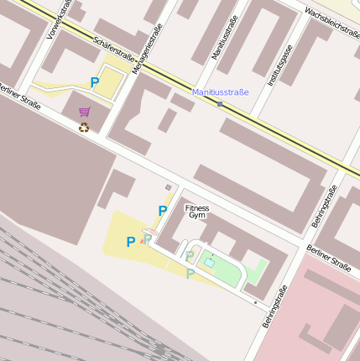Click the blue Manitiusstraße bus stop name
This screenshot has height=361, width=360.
click(221, 92)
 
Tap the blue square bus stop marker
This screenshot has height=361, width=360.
click(220, 104)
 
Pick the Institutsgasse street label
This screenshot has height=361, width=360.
click(279, 66)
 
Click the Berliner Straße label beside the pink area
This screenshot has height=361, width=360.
click(328, 258)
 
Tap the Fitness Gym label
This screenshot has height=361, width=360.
click(197, 212)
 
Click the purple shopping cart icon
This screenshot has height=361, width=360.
click(84, 112)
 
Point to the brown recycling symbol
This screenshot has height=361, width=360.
click(84, 128)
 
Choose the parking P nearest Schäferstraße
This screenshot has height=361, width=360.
click(95, 82)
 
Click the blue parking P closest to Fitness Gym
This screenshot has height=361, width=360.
click(162, 211)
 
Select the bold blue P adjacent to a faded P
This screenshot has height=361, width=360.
click(130, 242)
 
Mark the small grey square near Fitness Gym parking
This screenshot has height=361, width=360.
click(168, 187)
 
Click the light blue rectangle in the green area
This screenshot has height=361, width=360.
click(208, 264)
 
